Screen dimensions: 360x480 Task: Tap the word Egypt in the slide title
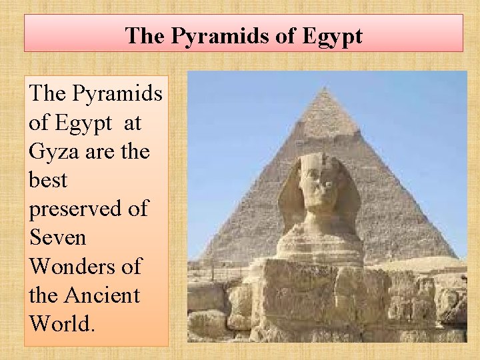(x=331, y=35)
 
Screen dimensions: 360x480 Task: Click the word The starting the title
(x=145, y=35)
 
